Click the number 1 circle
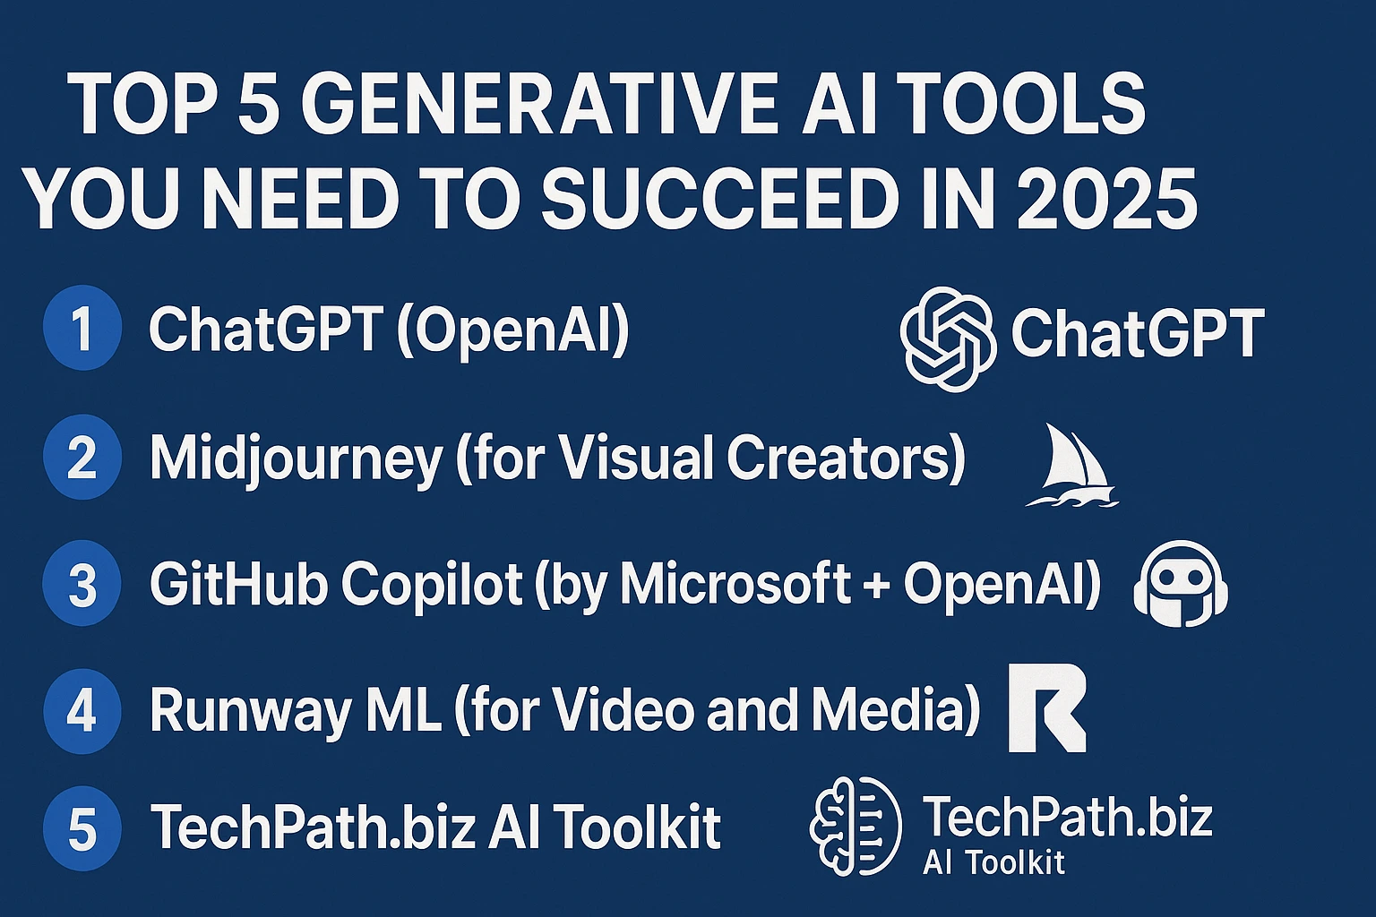(82, 328)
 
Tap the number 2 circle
(82, 457)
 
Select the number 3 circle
(82, 583)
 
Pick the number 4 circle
(82, 711)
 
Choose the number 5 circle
(82, 828)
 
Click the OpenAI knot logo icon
(948, 339)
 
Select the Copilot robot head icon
(1180, 584)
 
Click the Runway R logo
(1047, 707)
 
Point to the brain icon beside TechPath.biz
(856, 826)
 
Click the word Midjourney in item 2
(297, 458)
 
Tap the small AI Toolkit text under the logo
(993, 862)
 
